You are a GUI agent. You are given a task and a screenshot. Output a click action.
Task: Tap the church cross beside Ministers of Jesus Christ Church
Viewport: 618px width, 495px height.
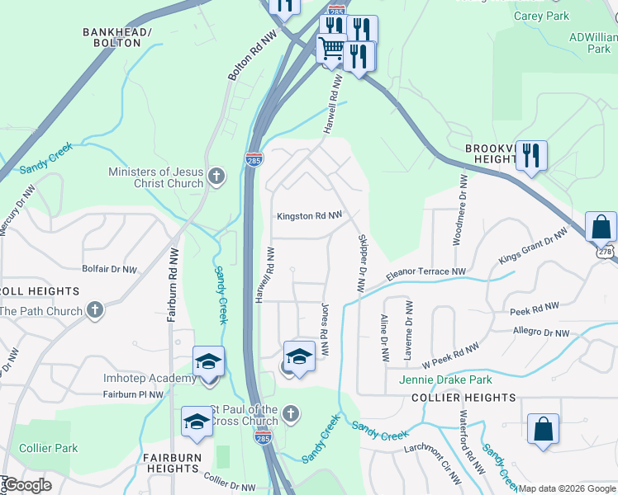coord(216,177)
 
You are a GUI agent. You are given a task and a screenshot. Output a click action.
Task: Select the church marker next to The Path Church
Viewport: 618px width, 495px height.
coord(95,311)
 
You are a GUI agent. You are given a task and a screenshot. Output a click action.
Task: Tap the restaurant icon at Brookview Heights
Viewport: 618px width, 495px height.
coord(531,155)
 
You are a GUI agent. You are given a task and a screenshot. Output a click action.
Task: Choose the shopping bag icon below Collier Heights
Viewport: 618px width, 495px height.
coord(543,430)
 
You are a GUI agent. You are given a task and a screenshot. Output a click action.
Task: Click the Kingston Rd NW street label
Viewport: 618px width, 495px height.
coord(309,216)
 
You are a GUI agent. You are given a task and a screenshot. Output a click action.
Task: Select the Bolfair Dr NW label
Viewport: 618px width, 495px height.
coord(109,269)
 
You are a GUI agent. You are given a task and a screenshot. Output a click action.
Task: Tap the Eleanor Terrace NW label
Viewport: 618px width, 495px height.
coord(426,271)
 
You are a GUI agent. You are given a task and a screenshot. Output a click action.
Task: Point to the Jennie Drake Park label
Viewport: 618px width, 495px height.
coord(445,379)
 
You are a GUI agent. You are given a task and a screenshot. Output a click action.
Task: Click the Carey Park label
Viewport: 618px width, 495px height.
coord(541,16)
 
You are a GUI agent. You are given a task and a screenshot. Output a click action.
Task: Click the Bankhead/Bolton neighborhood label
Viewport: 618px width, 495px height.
coord(112,37)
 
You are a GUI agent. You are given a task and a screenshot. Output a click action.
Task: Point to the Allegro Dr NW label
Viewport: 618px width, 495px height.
coord(540,332)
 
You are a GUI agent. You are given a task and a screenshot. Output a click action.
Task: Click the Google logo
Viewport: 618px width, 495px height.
coord(27,485)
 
